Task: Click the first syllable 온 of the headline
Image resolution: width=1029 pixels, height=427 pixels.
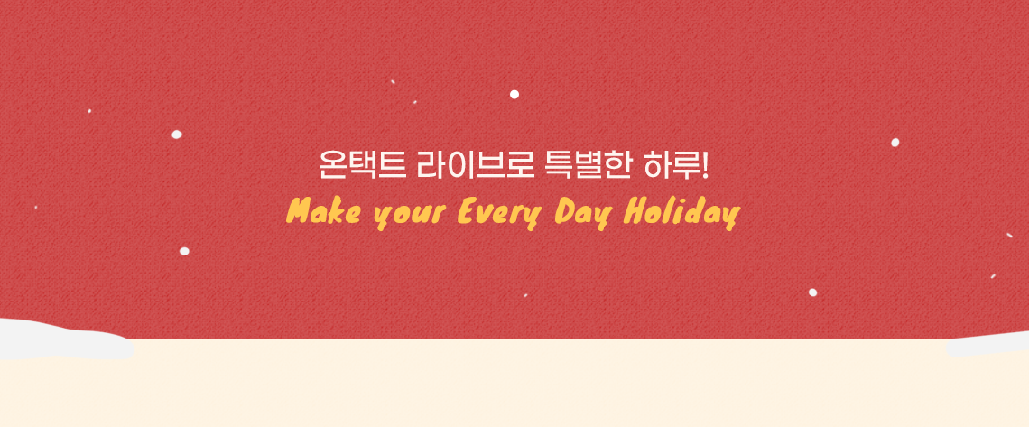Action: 331,166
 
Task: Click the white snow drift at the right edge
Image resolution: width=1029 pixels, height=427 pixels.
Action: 988,344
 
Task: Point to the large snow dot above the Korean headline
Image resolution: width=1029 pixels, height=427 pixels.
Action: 514,95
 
